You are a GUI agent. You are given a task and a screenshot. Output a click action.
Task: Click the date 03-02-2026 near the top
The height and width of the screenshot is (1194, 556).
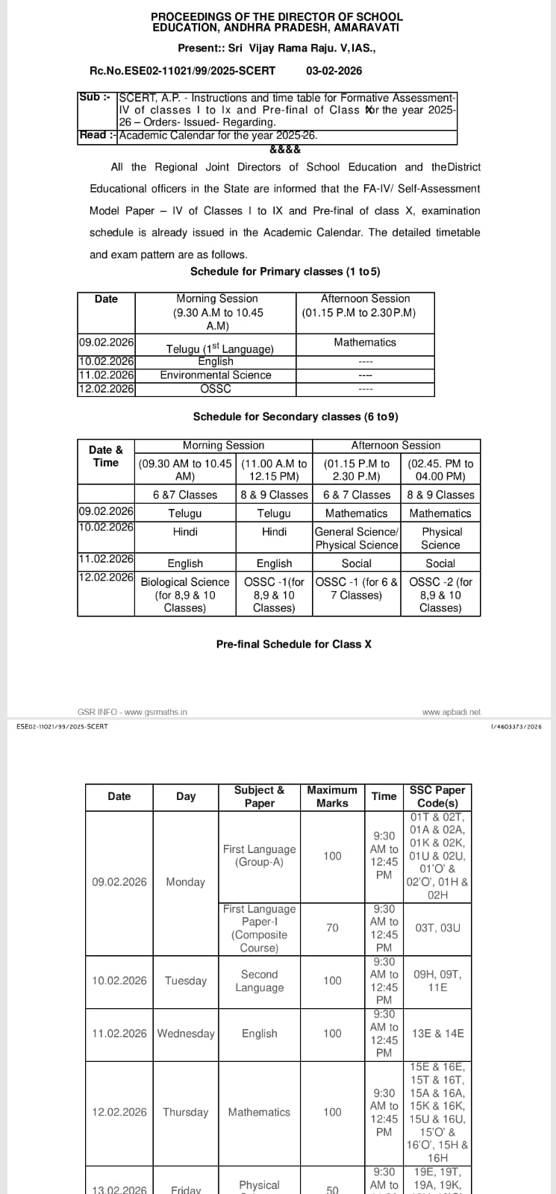tap(334, 70)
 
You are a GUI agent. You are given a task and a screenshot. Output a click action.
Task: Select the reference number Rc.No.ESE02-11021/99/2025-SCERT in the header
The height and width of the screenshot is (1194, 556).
tap(182, 70)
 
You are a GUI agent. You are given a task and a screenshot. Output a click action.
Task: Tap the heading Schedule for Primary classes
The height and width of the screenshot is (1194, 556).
tap(290, 271)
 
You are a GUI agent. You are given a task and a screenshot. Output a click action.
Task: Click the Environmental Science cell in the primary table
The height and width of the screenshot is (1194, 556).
tap(216, 375)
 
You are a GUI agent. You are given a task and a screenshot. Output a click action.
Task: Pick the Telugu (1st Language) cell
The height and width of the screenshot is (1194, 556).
tap(219, 348)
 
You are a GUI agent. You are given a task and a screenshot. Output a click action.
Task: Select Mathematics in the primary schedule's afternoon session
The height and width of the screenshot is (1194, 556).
tap(365, 342)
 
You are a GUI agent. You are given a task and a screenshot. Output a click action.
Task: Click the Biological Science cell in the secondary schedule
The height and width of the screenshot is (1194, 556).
tap(185, 594)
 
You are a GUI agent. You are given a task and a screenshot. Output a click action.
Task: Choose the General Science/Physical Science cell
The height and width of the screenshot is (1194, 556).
tap(357, 538)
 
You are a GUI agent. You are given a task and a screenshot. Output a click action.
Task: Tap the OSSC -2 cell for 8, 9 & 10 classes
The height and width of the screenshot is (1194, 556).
tap(440, 594)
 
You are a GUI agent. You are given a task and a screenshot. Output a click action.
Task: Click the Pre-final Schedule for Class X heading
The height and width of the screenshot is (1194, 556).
tap(294, 643)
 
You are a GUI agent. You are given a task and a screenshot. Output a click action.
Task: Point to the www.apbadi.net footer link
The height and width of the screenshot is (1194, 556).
tap(451, 712)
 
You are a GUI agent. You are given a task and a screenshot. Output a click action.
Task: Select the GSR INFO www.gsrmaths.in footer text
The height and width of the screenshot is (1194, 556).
tap(132, 712)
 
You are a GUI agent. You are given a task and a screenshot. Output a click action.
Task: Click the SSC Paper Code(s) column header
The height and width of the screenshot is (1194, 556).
tap(437, 796)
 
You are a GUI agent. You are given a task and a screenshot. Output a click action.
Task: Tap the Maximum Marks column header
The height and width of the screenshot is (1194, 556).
tap(332, 796)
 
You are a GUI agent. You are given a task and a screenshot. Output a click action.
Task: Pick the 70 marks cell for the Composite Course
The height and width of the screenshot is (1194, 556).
tap(332, 928)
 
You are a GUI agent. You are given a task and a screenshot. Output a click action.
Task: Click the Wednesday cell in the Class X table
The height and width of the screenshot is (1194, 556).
tap(186, 1033)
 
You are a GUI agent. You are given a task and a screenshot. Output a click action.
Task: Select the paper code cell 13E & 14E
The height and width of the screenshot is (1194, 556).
tap(437, 1033)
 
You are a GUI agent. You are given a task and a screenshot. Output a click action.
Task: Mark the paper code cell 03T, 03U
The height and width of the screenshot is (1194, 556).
tap(437, 928)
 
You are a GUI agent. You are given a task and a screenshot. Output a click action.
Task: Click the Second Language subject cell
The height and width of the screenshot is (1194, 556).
tap(259, 981)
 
